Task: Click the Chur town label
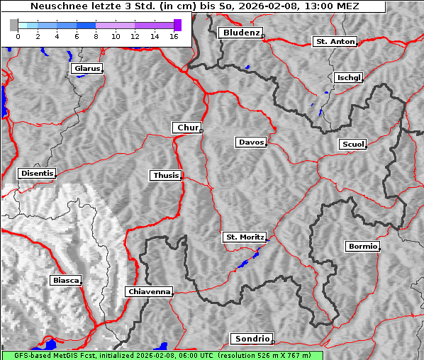187,128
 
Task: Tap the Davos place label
251,142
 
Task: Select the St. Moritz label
244,237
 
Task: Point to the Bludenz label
240,33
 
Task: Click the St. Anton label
335,42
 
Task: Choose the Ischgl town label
348,77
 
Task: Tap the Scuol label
352,145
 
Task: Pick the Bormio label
362,247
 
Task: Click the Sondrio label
251,339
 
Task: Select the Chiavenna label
149,291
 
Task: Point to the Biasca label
66,281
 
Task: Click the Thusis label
166,175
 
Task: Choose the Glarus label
86,69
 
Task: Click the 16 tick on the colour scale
173,36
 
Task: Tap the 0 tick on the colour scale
18,36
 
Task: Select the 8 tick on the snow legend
96,36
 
